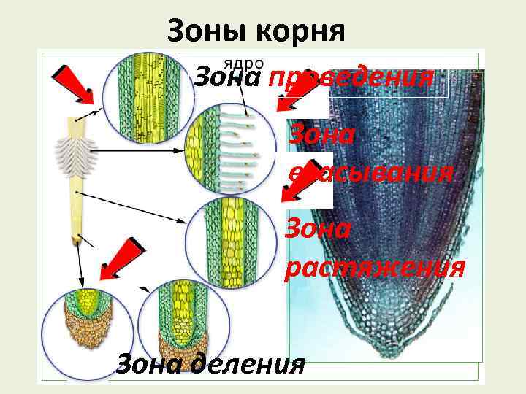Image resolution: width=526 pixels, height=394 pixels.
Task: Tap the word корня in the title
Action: tap(300, 31)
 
